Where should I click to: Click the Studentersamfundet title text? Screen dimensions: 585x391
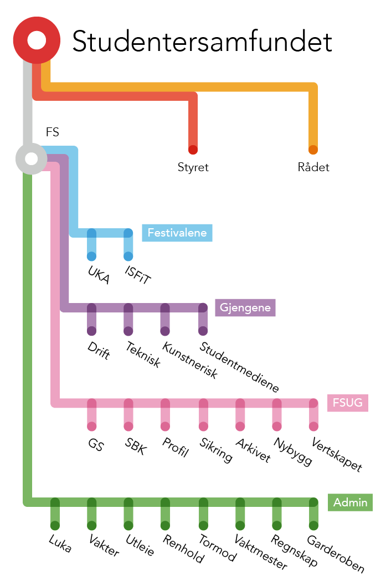click(x=202, y=42)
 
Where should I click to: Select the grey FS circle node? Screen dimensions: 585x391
click(x=31, y=158)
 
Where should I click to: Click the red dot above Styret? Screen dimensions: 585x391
click(x=193, y=150)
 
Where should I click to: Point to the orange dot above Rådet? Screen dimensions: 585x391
click(x=313, y=150)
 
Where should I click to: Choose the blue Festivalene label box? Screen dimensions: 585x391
click(x=177, y=233)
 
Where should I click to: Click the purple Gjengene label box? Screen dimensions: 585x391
click(x=245, y=307)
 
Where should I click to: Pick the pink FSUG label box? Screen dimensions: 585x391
click(x=348, y=402)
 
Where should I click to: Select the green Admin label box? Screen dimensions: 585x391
click(x=350, y=502)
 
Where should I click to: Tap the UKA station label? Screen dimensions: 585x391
click(x=99, y=275)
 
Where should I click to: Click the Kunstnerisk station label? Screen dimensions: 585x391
click(x=189, y=360)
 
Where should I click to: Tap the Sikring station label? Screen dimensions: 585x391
click(x=216, y=450)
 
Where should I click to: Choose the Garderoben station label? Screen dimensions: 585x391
click(x=336, y=554)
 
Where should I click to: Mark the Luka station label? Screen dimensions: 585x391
click(x=60, y=543)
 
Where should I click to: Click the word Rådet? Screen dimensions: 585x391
click(x=313, y=167)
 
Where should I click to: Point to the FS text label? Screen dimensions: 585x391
click(x=52, y=132)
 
